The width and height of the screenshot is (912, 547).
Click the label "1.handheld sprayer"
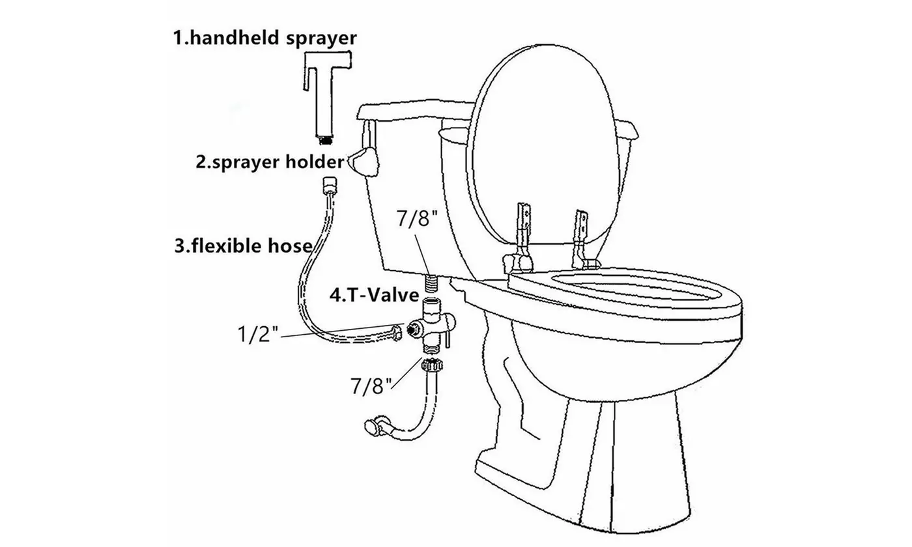tap(264, 38)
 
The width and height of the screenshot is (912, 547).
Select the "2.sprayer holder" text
tap(270, 161)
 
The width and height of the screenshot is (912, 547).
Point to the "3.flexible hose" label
tap(243, 247)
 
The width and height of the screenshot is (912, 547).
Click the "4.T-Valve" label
tap(374, 295)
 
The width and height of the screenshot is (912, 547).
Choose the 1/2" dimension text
tap(257, 335)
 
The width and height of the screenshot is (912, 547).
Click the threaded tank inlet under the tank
tap(431, 282)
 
